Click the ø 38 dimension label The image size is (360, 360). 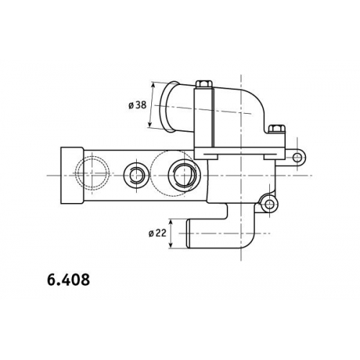pos(138,105)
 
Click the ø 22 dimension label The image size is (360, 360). pos(158,233)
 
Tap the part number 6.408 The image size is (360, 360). pos(68,279)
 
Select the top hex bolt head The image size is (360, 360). pos(204,84)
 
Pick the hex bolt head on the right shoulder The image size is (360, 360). pos(276,129)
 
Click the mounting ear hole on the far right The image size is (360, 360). pos(297,158)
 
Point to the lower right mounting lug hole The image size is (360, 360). pos(269,204)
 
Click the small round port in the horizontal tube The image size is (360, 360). pos(136,175)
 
